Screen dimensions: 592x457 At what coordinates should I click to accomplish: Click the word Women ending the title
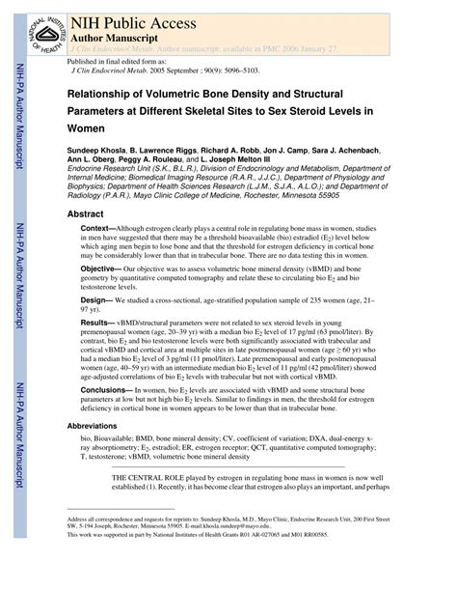coord(87,127)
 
